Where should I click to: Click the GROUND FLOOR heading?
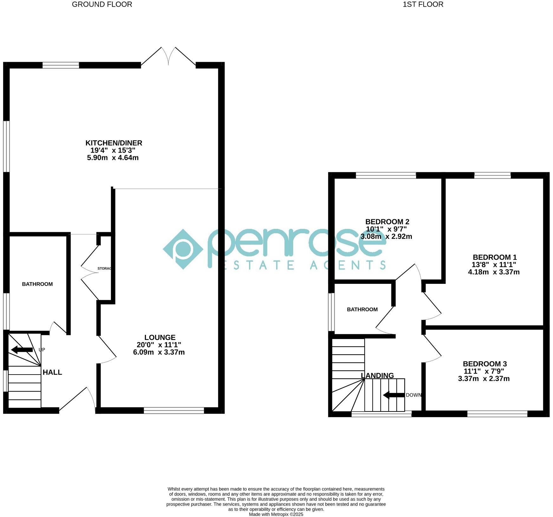(x=102, y=4)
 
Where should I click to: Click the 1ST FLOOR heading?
(x=423, y=4)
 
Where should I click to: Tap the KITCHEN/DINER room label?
(x=114, y=143)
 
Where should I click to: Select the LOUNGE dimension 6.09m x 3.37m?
(x=159, y=352)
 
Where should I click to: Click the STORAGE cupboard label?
(x=105, y=269)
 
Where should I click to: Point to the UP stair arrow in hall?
(x=22, y=350)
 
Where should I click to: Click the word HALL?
(x=52, y=372)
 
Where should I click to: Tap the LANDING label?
(x=377, y=376)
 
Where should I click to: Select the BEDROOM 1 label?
(x=495, y=257)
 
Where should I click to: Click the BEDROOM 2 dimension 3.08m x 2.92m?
(x=386, y=237)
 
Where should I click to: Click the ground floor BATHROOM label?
(x=37, y=284)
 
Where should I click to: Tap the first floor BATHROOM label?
(x=362, y=310)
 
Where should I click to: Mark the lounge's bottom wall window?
(x=174, y=410)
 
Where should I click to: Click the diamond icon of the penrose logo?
(x=183, y=249)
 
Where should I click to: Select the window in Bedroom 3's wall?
(x=497, y=414)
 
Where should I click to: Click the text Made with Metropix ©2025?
(x=276, y=514)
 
